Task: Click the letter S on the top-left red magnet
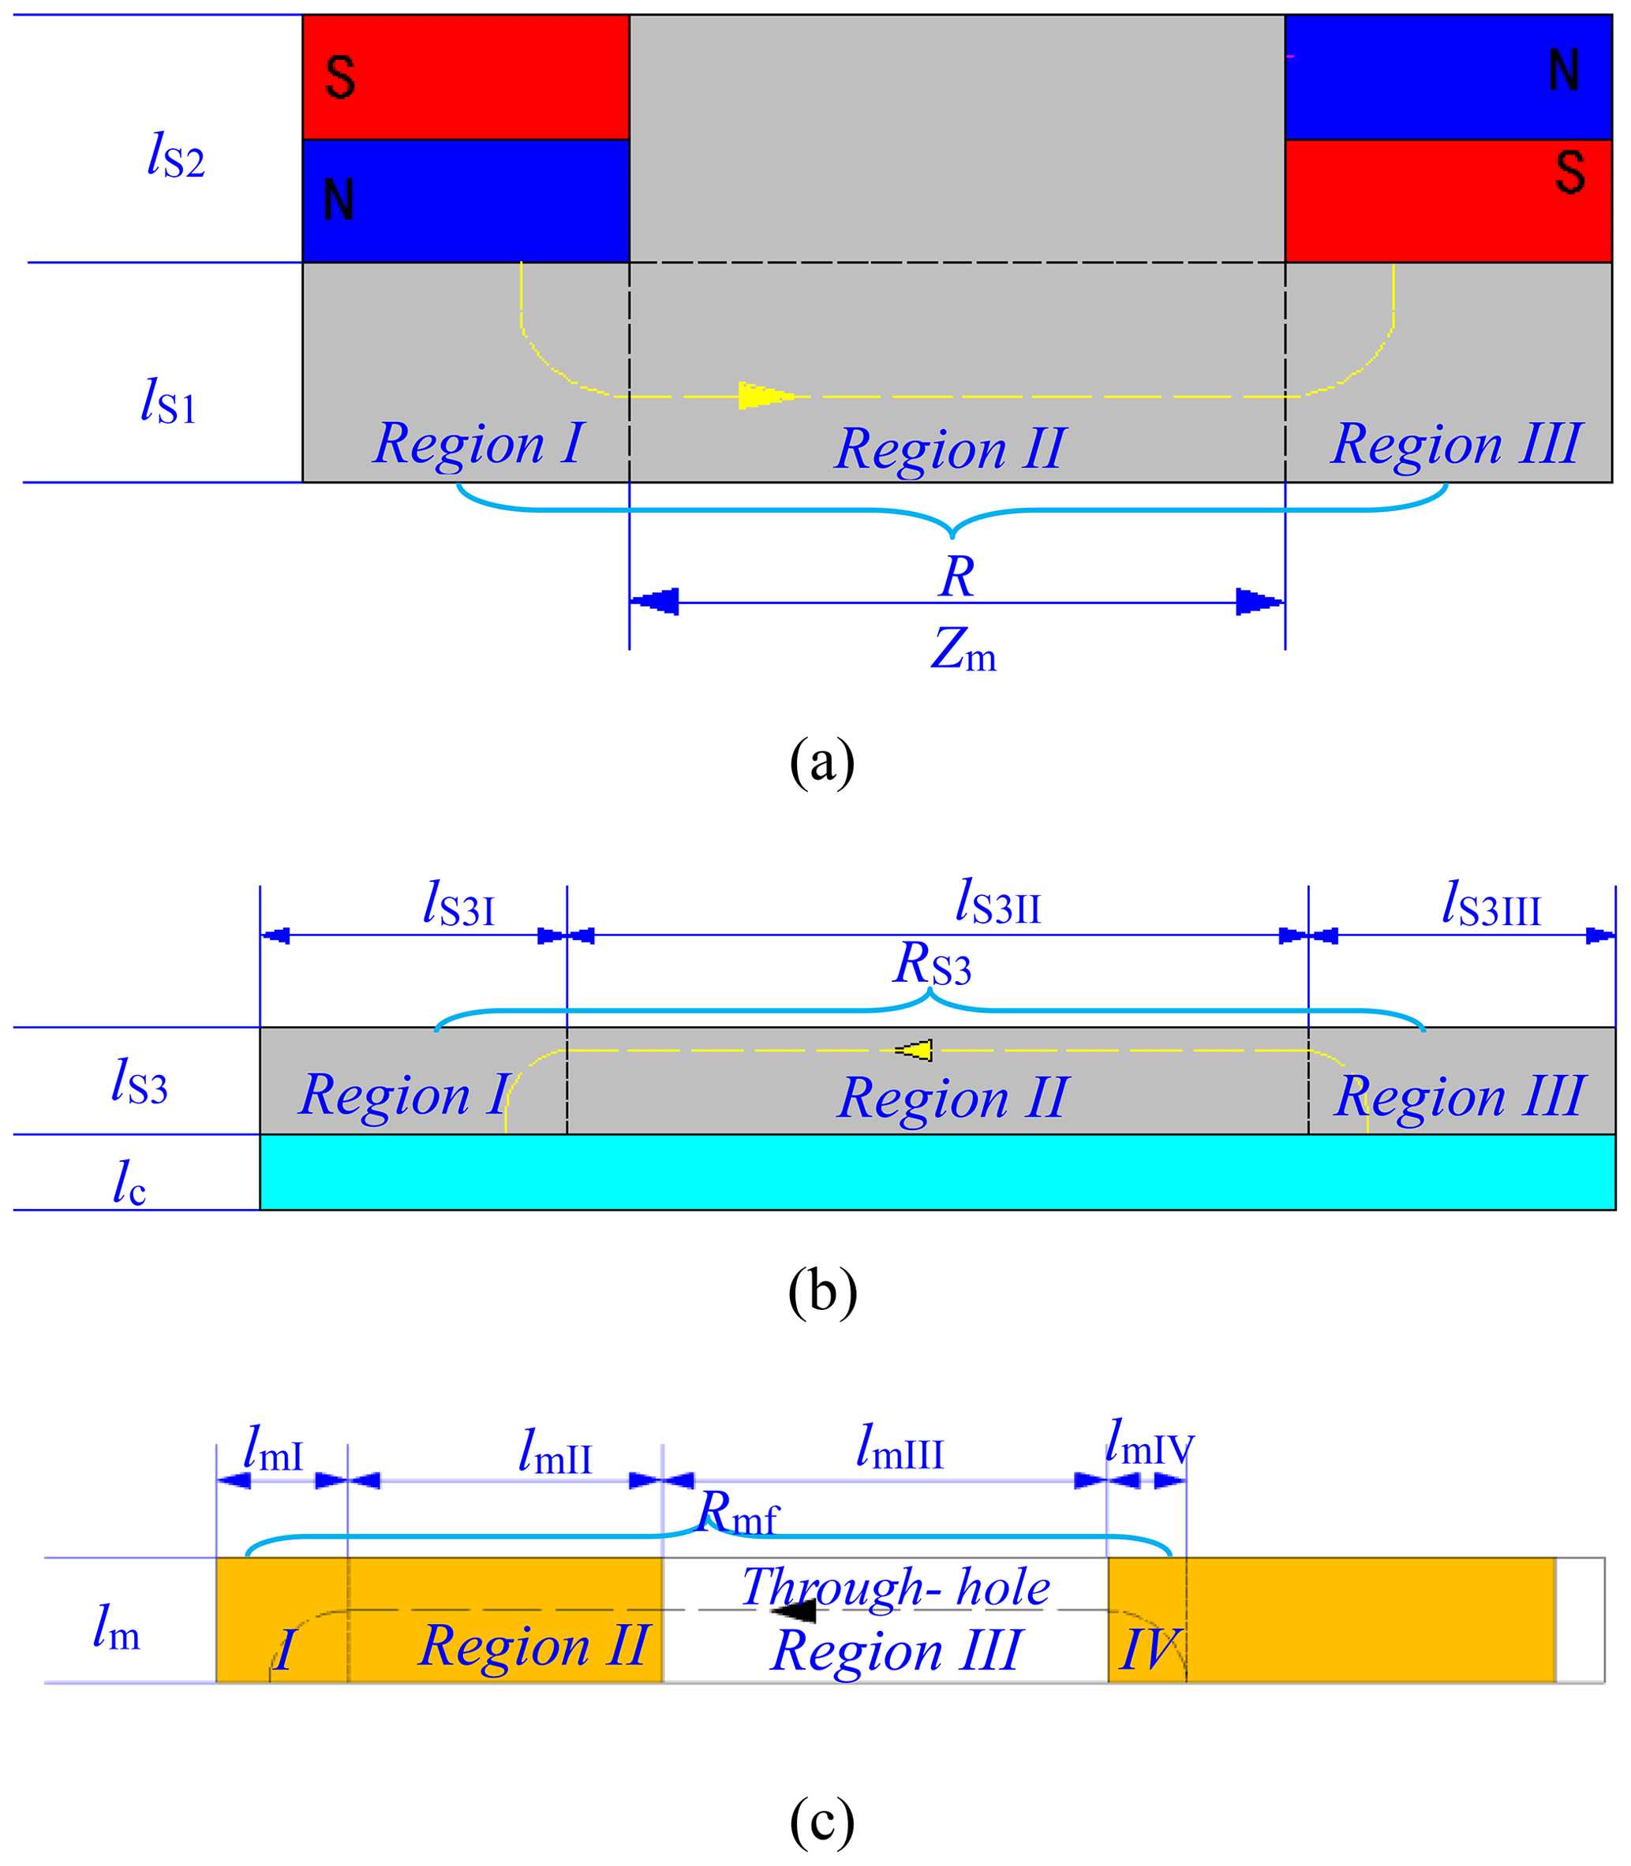click(x=339, y=77)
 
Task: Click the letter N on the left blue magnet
click(x=339, y=200)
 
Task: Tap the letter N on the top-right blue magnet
click(x=1564, y=70)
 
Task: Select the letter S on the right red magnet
click(x=1570, y=172)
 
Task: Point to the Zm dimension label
click(x=963, y=651)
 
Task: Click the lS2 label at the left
click(x=176, y=155)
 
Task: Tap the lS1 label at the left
click(x=168, y=401)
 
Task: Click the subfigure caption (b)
click(x=822, y=1290)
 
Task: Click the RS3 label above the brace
click(x=932, y=965)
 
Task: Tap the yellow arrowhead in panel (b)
click(x=914, y=1050)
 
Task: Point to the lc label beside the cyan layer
click(x=129, y=1183)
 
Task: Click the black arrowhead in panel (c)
click(x=793, y=1610)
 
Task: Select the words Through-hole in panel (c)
click(x=896, y=1587)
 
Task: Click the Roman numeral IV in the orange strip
click(x=1150, y=1648)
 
